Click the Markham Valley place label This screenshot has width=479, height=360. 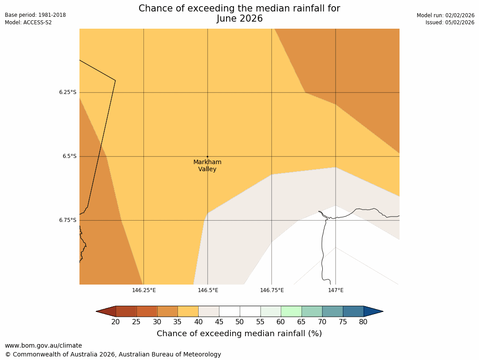207,165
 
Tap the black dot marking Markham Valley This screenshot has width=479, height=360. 207,156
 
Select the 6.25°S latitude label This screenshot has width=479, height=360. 68,92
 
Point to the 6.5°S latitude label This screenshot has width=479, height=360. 69,156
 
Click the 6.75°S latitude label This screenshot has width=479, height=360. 68,220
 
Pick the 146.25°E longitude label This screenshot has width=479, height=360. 143,290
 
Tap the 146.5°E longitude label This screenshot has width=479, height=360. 208,290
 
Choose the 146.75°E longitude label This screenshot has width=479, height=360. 272,290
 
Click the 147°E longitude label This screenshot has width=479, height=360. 336,290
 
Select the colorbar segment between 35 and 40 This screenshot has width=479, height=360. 188,311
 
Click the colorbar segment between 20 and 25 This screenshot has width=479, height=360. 126,311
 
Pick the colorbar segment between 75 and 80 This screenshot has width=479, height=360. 353,311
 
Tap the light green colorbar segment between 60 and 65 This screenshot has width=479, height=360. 291,311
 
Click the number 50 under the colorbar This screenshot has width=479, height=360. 240,322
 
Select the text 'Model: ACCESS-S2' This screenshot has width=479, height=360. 28,22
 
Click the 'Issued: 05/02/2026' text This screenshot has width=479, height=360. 450,22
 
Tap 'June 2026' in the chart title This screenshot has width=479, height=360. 239,19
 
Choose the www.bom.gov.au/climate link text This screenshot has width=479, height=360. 43,345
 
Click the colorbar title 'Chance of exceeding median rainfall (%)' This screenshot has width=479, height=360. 239,334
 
